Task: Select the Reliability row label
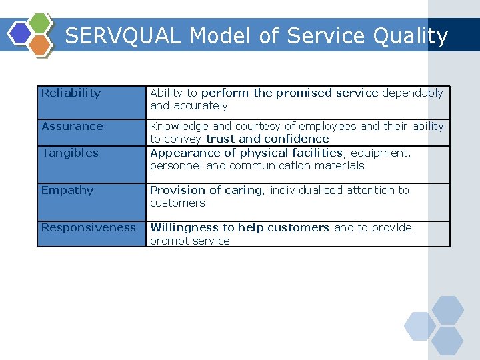tap(71, 93)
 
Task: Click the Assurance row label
tap(72, 126)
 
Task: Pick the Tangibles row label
tap(69, 153)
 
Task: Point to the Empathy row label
tap(67, 190)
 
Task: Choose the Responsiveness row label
tap(88, 227)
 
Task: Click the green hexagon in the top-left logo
tap(41, 23)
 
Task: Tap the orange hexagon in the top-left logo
tap(41, 45)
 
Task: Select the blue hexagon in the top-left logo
tap(21, 33)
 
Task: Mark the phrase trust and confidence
tap(267, 139)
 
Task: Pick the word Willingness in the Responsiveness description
tap(185, 227)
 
